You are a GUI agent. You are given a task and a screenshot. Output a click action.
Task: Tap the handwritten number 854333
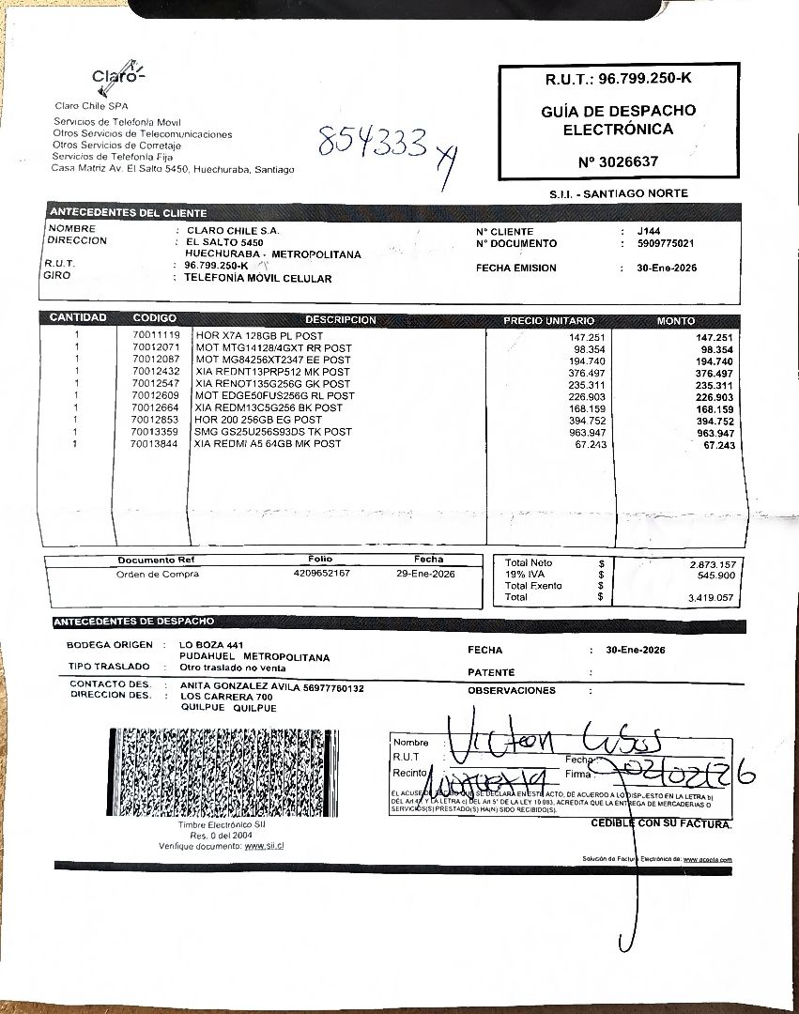373,144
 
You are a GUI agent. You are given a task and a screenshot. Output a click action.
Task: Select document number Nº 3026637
619,161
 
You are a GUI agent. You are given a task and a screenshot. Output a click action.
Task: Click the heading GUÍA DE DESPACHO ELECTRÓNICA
618,120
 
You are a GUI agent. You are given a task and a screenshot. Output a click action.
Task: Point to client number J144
648,232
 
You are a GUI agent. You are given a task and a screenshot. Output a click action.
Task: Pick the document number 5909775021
665,244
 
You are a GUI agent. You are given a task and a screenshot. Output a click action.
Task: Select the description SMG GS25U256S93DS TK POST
273,432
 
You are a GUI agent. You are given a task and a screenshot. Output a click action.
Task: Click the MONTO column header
676,321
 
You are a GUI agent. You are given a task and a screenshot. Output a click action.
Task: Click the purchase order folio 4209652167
321,573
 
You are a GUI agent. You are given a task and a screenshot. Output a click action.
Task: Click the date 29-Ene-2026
425,573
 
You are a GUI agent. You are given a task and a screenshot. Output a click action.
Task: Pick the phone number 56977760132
333,687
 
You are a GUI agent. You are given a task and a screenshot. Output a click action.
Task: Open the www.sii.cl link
264,846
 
